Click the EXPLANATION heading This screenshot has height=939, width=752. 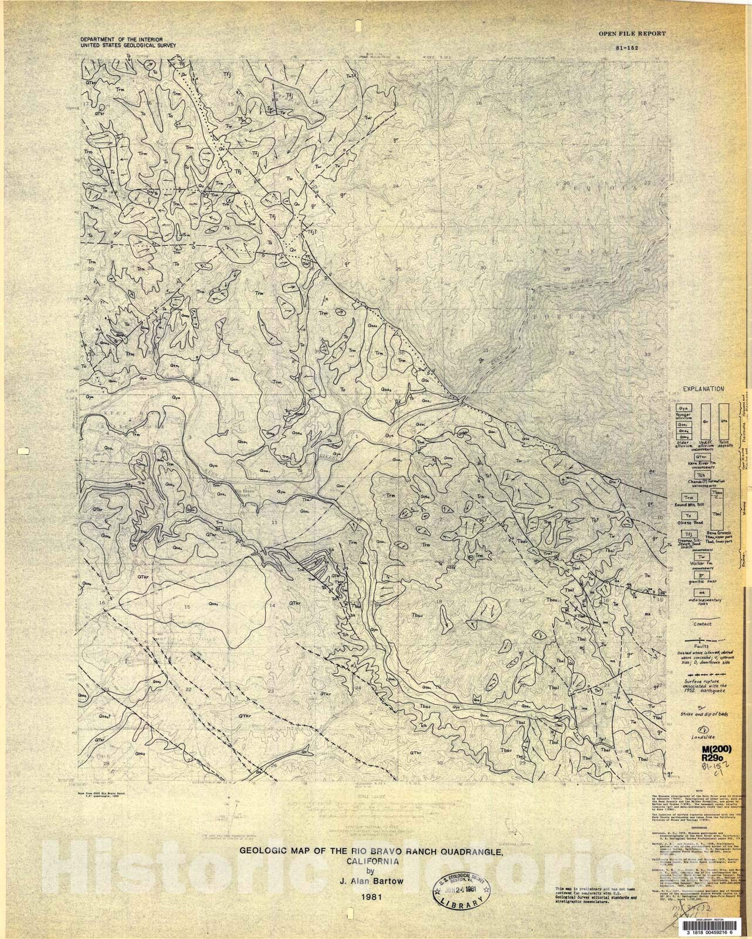(x=702, y=389)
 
